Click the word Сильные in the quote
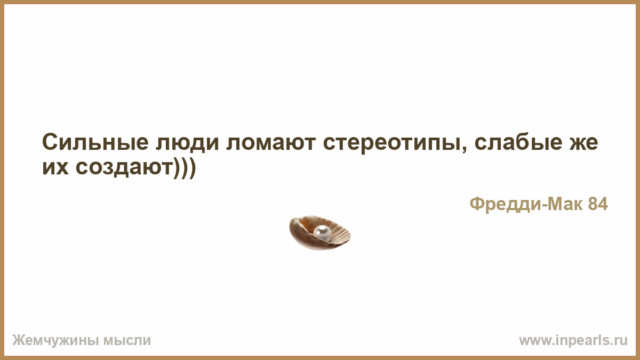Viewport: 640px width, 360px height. [x=95, y=142]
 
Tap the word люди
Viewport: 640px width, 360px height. [x=187, y=143]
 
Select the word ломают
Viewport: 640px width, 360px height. [x=271, y=143]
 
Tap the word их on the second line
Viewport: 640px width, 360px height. [x=55, y=167]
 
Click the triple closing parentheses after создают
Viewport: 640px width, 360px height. [x=185, y=169]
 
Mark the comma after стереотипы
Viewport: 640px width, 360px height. [x=465, y=149]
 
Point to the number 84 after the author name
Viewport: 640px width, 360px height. [x=598, y=204]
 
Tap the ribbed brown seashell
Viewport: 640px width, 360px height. [x=319, y=233]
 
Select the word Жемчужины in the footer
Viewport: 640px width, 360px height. [x=55, y=341]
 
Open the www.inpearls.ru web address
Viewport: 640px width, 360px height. [x=573, y=341]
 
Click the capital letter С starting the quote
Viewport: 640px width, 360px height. [x=50, y=142]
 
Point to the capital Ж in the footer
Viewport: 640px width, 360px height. [x=18, y=340]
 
